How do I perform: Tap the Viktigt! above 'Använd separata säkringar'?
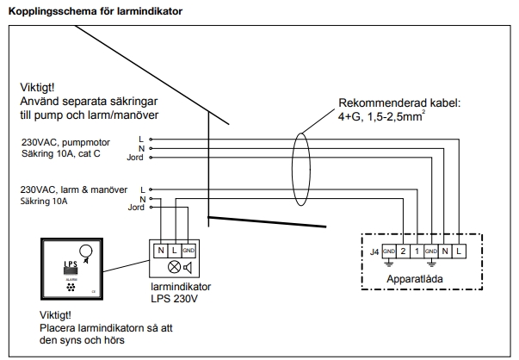tap(40, 88)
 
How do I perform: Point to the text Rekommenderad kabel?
tap(399, 102)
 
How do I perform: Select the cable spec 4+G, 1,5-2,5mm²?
tap(386, 116)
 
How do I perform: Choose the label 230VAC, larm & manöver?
tap(74, 188)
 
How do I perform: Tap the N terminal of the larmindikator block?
tap(161, 250)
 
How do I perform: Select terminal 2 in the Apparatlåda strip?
tap(402, 251)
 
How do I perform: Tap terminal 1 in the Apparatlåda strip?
tap(417, 251)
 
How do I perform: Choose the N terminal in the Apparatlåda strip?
tap(445, 251)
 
